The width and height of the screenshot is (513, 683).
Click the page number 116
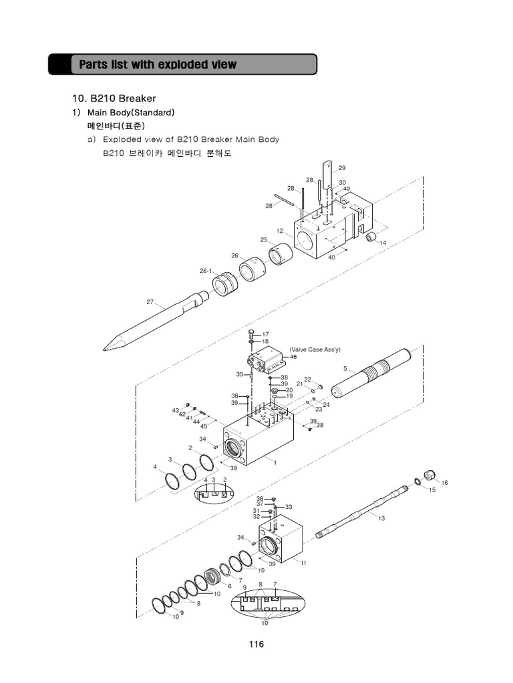coord(256,644)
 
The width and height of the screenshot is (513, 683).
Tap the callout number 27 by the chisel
coord(150,302)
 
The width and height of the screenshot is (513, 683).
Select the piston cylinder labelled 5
coord(378,374)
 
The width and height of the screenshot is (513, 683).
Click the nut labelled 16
coord(430,475)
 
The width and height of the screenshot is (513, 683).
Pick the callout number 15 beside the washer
coord(432,490)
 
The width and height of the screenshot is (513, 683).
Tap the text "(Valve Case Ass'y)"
coord(315,350)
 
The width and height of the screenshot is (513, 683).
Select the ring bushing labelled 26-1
coord(225,285)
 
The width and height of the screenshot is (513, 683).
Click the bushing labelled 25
coord(281,255)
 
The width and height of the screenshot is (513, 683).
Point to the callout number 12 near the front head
coord(281,231)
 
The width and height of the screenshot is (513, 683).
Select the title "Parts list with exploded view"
coord(158,65)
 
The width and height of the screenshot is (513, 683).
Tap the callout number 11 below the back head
coord(303,564)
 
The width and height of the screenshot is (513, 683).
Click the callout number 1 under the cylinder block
coord(275,462)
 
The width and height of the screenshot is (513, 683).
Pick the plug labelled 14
coord(372,236)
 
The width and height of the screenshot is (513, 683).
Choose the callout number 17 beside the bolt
coord(265,334)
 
